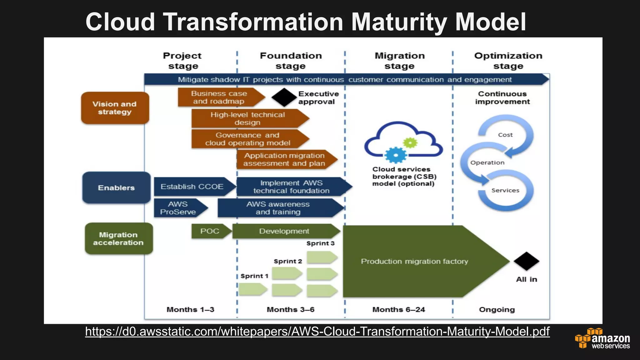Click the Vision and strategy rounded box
(115, 108)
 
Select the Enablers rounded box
(116, 187)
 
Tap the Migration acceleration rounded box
(119, 238)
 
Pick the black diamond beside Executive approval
(284, 97)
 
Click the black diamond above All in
(526, 261)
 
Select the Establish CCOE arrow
(192, 187)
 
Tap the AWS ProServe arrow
(178, 208)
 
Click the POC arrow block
(210, 231)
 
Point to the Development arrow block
(284, 231)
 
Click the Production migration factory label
(414, 261)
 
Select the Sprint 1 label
(254, 276)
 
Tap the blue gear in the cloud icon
(395, 155)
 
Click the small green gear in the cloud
(410, 143)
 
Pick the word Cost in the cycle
(505, 135)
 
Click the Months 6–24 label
(398, 309)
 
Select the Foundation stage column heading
(291, 61)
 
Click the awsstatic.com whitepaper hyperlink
(317, 331)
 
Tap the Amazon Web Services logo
(602, 338)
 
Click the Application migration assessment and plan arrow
(284, 159)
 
